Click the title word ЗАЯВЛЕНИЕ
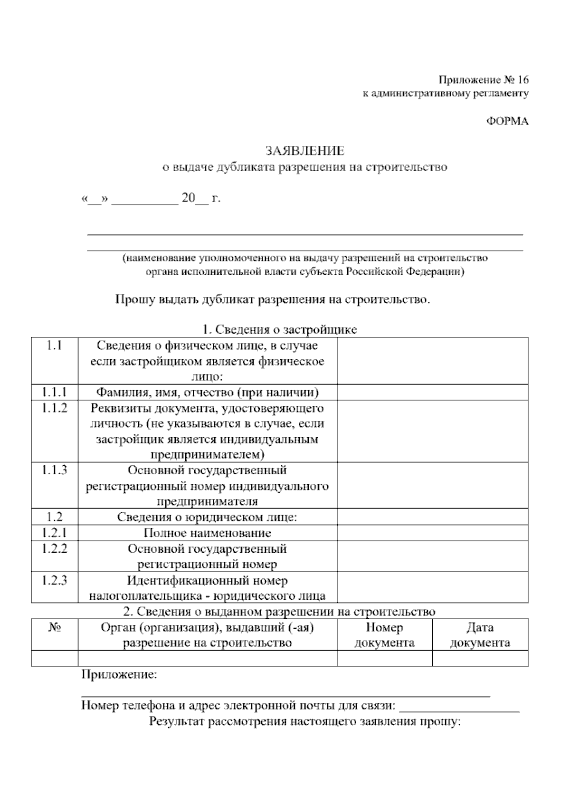pos(304,151)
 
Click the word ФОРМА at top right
pos(507,121)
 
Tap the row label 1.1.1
pos(54,392)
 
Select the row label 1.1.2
pos(54,408)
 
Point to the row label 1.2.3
pos(54,580)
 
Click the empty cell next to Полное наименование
pos(432,533)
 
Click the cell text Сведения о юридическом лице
pos(207,517)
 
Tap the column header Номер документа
pos(384,635)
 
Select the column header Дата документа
pos(480,635)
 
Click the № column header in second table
pos(54,627)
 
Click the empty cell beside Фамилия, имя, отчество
pos(432,392)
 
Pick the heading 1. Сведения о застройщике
pos(279,329)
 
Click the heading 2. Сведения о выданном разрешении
pos(279,611)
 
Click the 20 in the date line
pos(188,198)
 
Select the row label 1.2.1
pos(54,533)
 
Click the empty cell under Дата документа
pos(480,658)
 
